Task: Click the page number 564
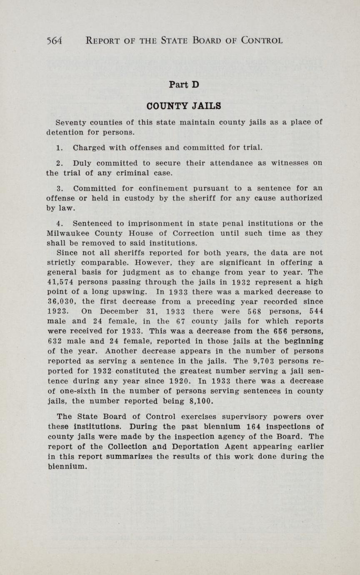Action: pyautogui.click(x=54, y=40)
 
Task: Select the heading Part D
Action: pyautogui.click(x=184, y=85)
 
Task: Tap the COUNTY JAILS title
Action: pyautogui.click(x=184, y=106)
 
